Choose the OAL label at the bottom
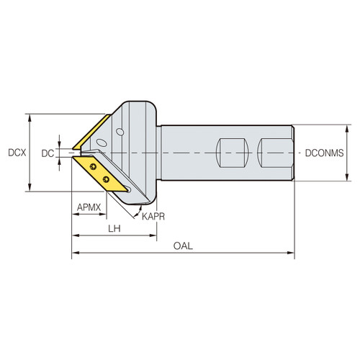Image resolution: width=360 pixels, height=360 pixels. [183, 246]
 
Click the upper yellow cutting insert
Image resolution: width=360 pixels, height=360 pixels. [92, 133]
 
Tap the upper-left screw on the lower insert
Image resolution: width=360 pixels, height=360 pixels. [94, 166]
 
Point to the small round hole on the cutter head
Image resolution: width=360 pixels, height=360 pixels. [120, 132]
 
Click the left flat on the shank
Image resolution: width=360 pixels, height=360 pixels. [234, 153]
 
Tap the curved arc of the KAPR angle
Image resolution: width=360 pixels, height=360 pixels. [138, 211]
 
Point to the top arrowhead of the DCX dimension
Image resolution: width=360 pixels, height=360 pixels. [29, 117]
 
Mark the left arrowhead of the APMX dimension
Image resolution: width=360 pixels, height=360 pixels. [74, 216]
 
